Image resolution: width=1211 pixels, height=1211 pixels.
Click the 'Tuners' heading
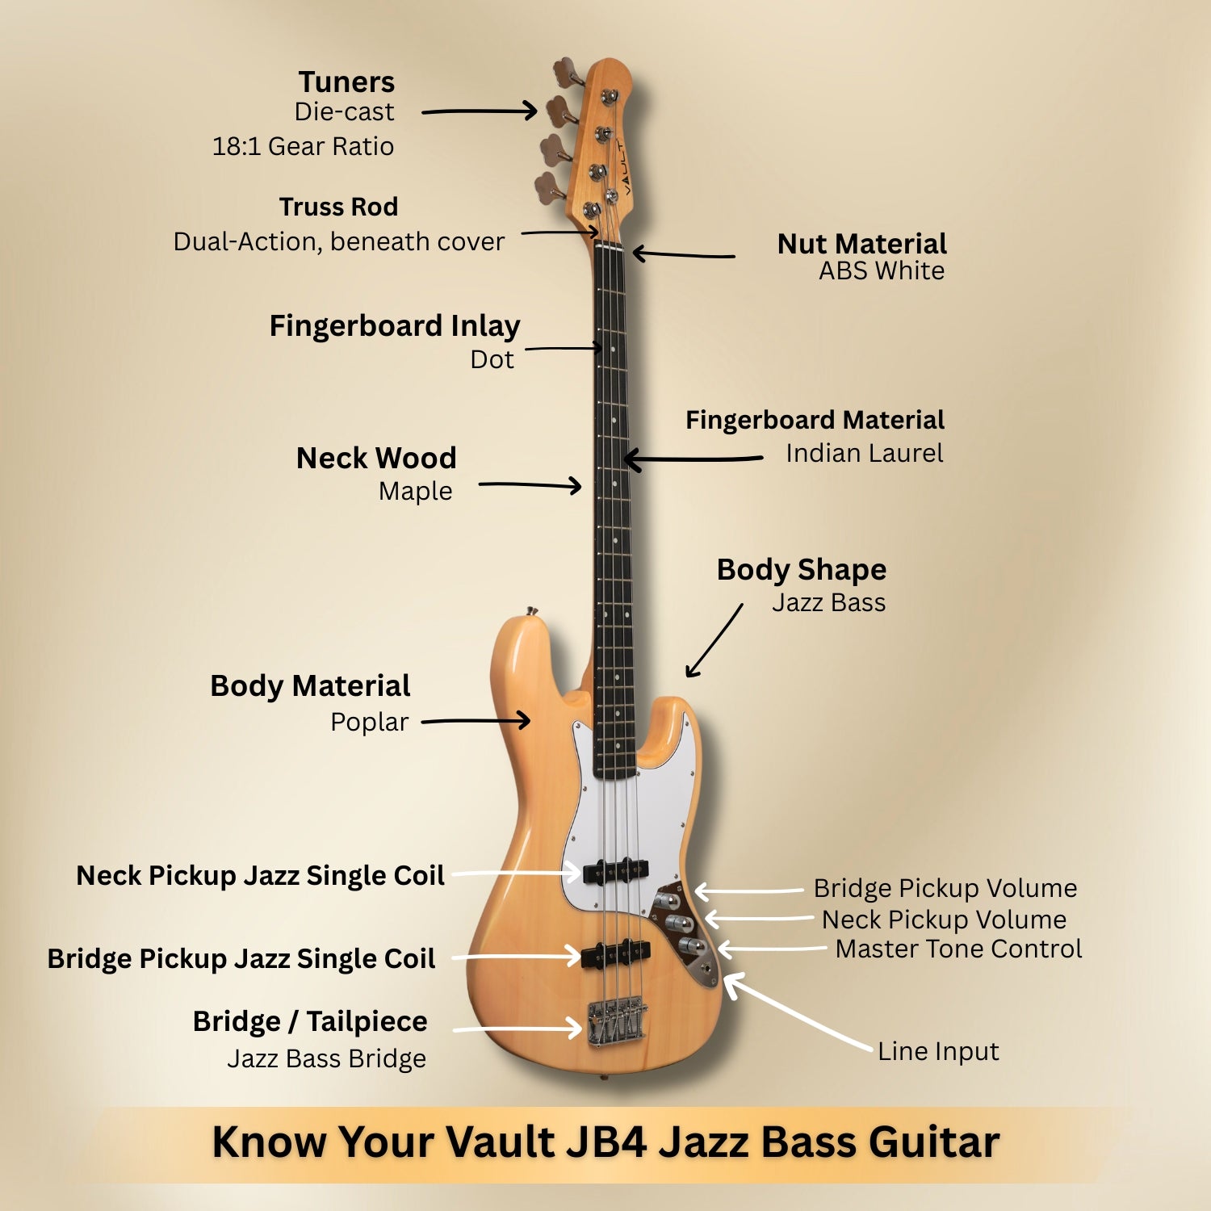(x=346, y=82)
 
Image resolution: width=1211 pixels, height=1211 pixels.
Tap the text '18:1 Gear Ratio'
(x=303, y=146)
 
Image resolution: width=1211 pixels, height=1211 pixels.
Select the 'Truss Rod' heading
(x=338, y=207)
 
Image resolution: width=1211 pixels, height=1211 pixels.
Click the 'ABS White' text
(x=882, y=270)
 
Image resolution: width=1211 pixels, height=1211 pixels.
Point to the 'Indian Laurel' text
(x=865, y=453)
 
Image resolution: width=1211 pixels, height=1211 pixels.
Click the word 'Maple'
(x=415, y=491)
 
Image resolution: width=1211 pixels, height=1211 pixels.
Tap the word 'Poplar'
(x=369, y=722)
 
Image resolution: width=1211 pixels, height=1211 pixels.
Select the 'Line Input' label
(x=938, y=1051)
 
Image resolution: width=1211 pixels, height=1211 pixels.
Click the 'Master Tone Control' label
(x=958, y=949)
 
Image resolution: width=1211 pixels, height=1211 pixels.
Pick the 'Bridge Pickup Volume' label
(x=945, y=888)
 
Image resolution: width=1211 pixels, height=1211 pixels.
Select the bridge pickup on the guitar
(x=616, y=953)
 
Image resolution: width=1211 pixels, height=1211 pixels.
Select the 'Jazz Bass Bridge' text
(x=326, y=1058)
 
